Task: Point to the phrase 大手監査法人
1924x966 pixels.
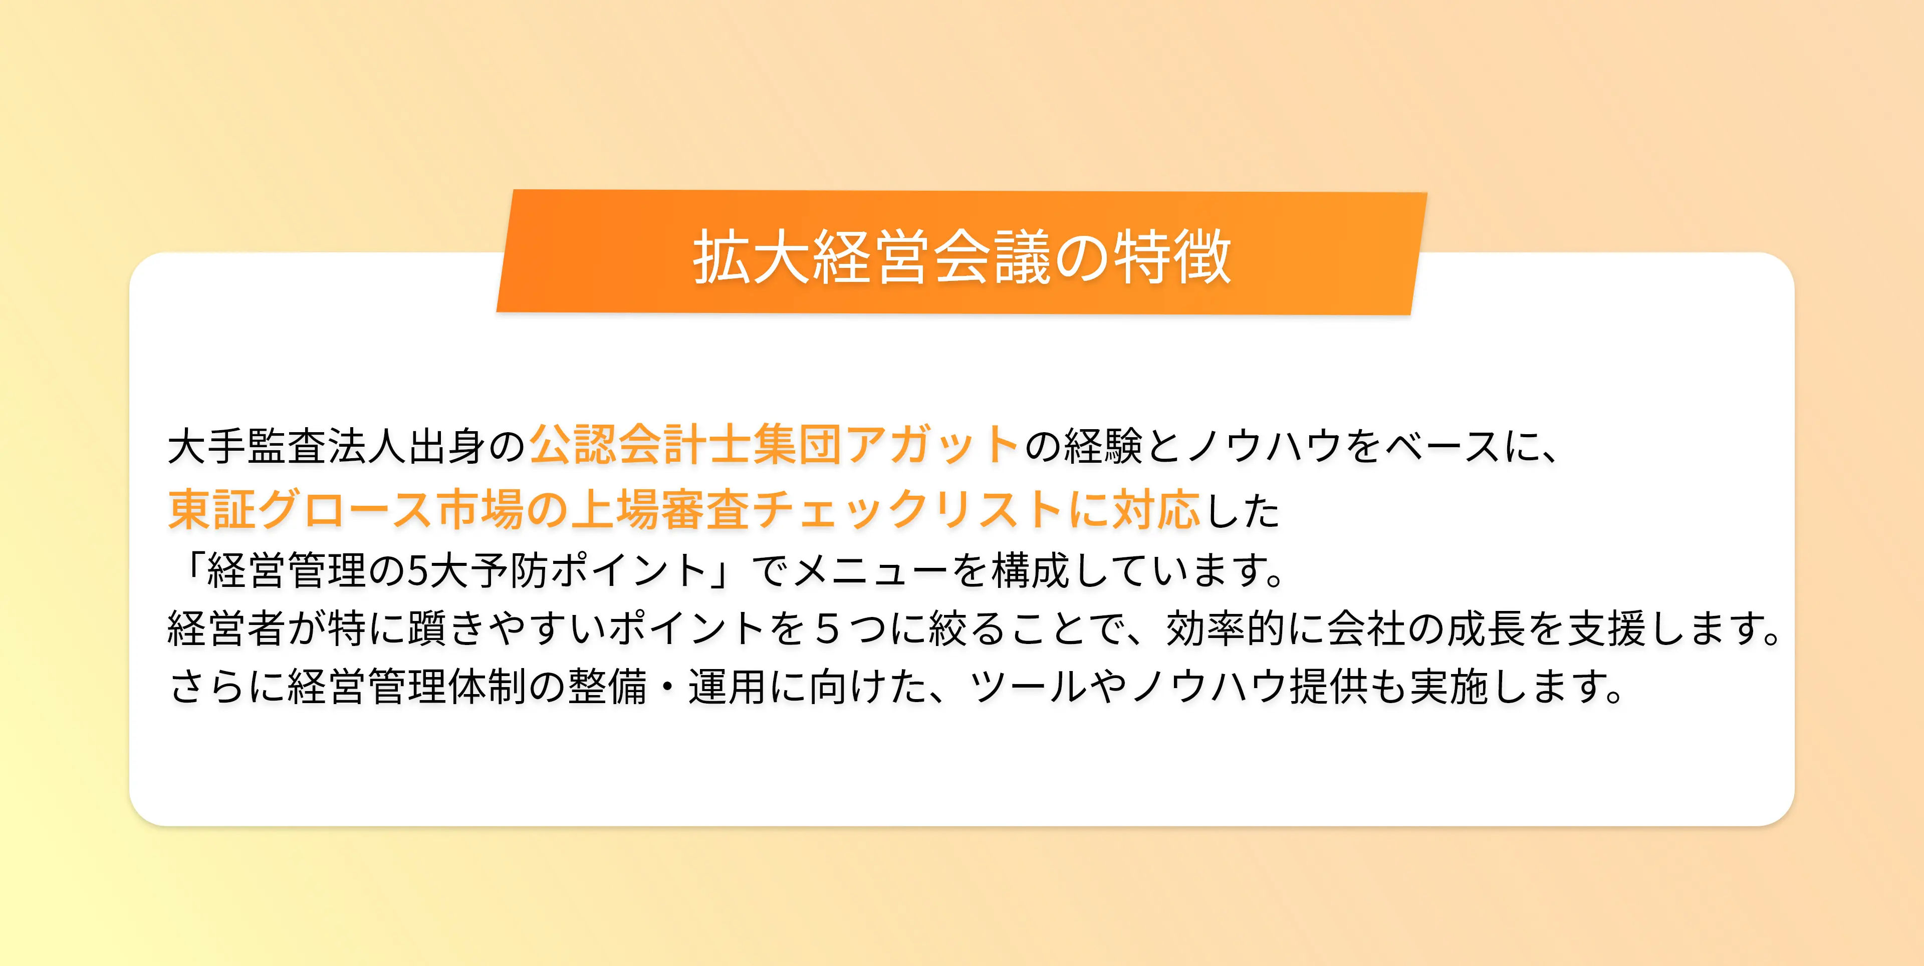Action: pos(288,446)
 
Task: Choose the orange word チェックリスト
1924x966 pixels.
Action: pos(907,510)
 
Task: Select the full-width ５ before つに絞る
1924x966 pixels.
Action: pos(827,628)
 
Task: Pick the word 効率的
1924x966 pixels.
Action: pos(1225,628)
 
